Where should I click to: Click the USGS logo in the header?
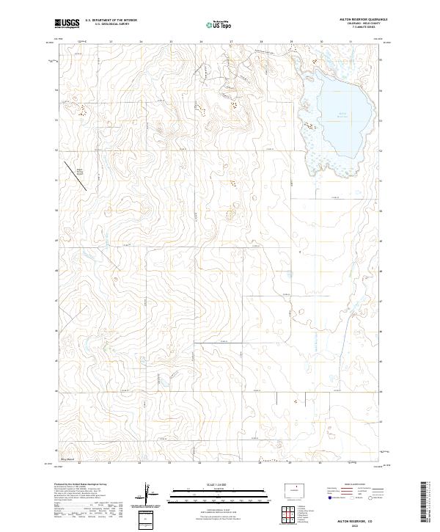67,24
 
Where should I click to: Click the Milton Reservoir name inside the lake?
342,114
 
